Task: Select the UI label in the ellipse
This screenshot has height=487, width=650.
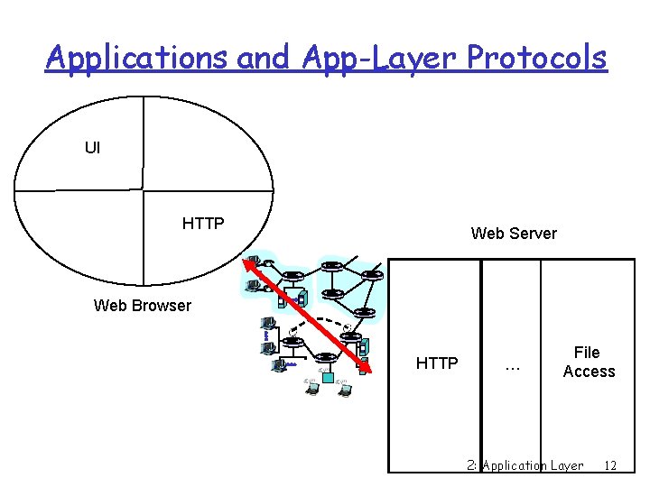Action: click(x=93, y=147)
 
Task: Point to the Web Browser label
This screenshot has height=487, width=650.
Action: click(x=143, y=305)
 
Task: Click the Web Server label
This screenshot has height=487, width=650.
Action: click(x=514, y=234)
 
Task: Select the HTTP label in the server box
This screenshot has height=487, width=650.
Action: click(x=437, y=363)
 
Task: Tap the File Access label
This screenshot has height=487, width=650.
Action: click(x=589, y=362)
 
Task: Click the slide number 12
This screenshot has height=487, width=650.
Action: click(x=610, y=465)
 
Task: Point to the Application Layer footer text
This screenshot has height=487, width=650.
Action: click(x=533, y=465)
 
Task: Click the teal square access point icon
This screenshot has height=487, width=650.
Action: click(x=327, y=376)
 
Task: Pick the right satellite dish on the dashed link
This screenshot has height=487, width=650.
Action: click(x=346, y=326)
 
